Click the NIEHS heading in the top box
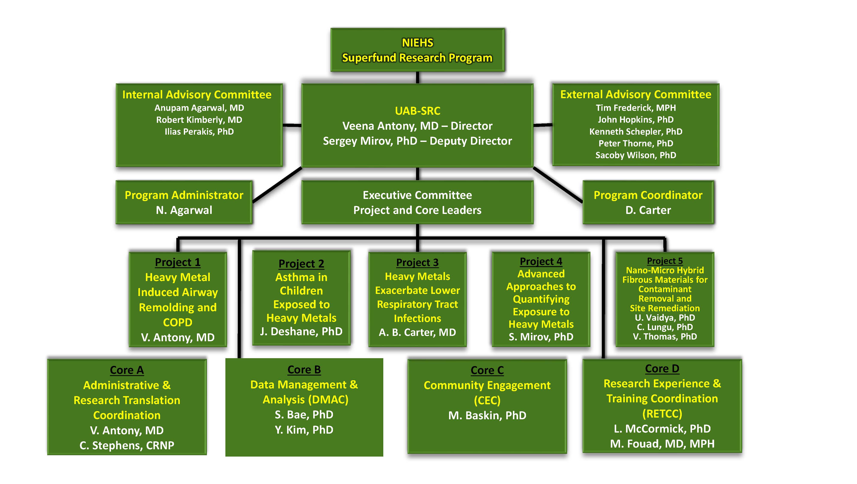[x=418, y=43]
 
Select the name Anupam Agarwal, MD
[x=199, y=108]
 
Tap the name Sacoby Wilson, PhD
[x=635, y=155]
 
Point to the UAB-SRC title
[x=418, y=111]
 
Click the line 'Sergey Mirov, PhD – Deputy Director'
[x=418, y=141]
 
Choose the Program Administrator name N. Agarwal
[x=184, y=210]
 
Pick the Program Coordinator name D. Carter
[x=648, y=210]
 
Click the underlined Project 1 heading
[x=178, y=262]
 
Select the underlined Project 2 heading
[x=301, y=264]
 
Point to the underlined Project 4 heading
[x=541, y=262]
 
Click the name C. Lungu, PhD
[x=665, y=327]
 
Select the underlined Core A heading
[x=127, y=370]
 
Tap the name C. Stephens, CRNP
[x=127, y=445]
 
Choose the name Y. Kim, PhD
[x=304, y=430]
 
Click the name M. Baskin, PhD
[x=487, y=415]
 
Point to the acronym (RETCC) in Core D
[x=662, y=414]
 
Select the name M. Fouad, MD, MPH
[x=662, y=444]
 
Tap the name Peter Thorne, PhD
[x=635, y=143]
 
